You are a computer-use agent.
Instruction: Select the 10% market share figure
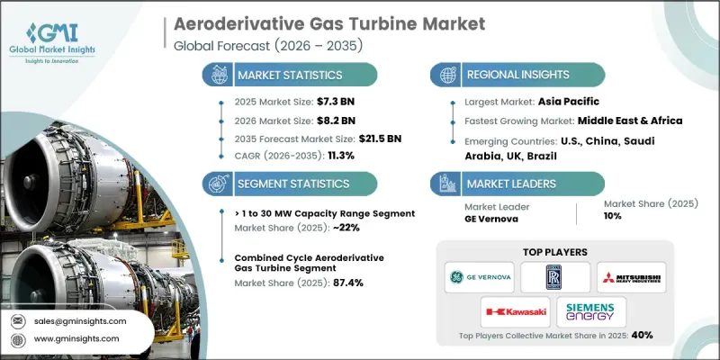click(614, 217)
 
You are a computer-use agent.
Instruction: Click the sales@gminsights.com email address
click(81, 320)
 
